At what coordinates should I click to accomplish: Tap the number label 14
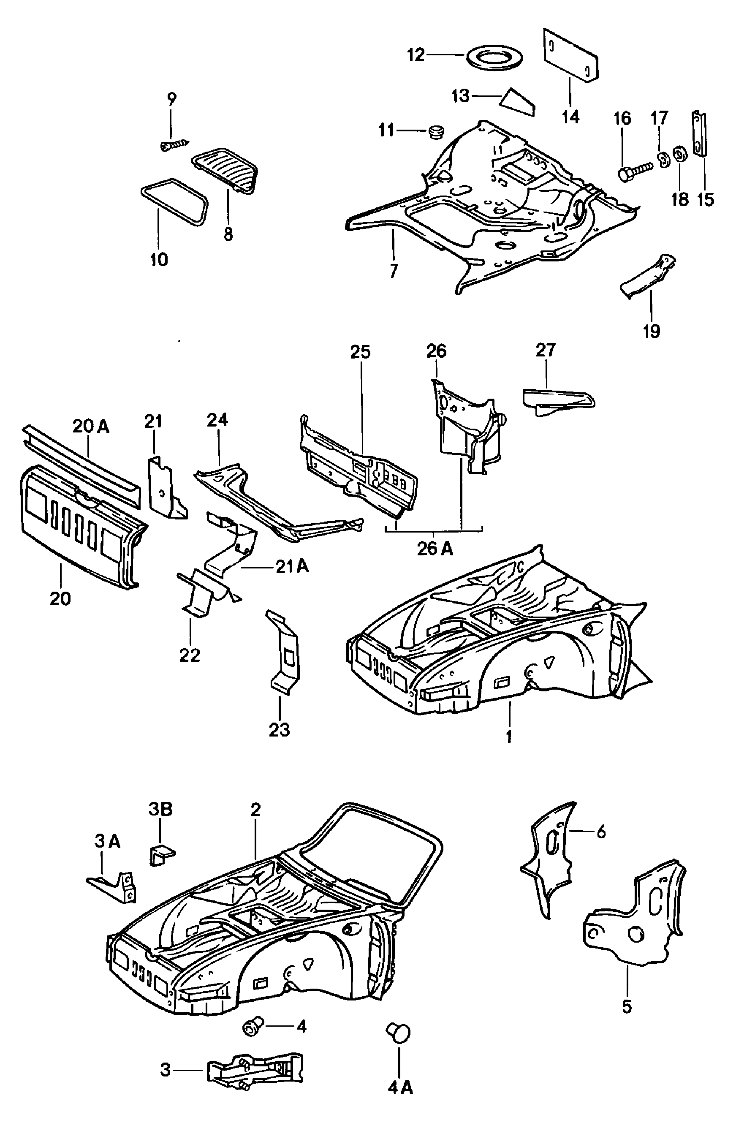(x=570, y=117)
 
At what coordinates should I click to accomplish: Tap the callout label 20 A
(x=91, y=427)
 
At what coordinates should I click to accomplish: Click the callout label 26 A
(x=435, y=549)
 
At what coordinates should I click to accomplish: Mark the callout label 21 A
(x=292, y=567)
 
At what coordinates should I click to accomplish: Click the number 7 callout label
(x=394, y=271)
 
